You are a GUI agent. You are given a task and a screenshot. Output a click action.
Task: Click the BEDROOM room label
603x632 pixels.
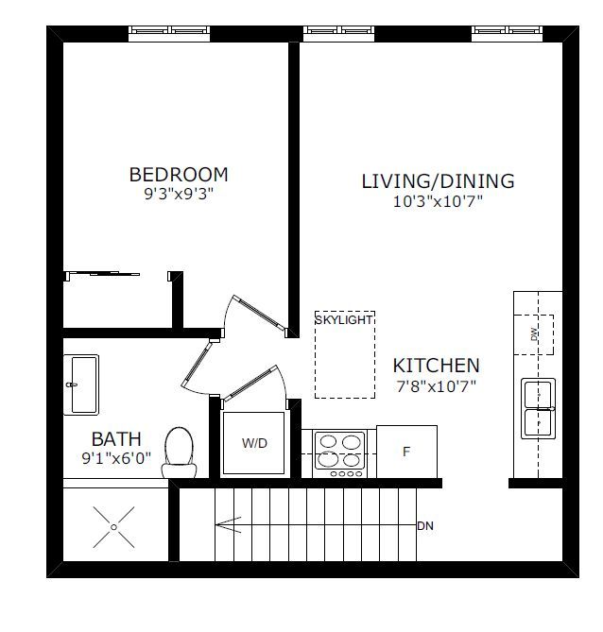click(x=179, y=175)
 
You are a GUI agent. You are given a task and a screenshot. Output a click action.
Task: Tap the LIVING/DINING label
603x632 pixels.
click(x=438, y=181)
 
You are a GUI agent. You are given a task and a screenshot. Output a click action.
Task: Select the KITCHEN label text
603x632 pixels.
click(x=436, y=366)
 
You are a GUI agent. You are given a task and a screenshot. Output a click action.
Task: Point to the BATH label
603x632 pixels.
click(x=116, y=439)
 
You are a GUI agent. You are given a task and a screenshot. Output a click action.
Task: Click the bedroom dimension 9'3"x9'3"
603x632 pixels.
click(x=179, y=194)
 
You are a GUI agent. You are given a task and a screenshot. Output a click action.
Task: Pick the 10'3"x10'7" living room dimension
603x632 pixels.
click(x=438, y=200)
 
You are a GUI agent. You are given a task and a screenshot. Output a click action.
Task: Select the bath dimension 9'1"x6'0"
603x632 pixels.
click(x=116, y=458)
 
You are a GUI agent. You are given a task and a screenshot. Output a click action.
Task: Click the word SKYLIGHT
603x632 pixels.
click(x=344, y=319)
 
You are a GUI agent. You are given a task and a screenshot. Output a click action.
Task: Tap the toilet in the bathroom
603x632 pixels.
click(x=179, y=452)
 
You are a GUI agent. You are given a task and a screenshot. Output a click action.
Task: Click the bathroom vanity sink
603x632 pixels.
click(x=81, y=384)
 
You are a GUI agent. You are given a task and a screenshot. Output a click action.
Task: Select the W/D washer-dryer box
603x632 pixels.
click(x=254, y=443)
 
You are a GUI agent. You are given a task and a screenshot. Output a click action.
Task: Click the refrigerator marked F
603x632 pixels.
click(x=406, y=452)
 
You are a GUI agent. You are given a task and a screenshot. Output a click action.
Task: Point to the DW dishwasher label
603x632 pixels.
click(x=534, y=334)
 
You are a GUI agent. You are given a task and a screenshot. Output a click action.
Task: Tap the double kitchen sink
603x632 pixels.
click(x=538, y=408)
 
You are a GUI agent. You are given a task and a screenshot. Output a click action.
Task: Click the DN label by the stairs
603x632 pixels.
click(x=425, y=526)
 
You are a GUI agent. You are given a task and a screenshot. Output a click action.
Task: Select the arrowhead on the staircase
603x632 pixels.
click(x=229, y=525)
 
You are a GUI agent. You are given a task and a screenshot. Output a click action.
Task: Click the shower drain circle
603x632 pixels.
click(x=113, y=527)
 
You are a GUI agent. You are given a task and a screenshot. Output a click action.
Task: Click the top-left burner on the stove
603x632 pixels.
click(x=328, y=442)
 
